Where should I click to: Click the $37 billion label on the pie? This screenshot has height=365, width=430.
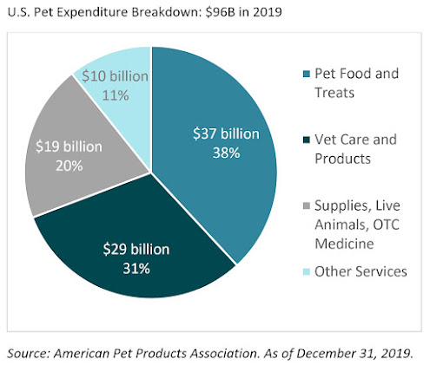tap(226, 134)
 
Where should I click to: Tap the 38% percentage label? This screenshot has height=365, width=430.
tap(227, 153)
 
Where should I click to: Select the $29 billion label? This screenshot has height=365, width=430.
tap(136, 250)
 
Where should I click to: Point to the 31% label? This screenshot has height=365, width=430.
tap(136, 269)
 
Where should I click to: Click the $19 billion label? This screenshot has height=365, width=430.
tap(69, 147)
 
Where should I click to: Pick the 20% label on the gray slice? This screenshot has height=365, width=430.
tap(69, 166)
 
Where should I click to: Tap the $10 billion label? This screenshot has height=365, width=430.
tap(116, 76)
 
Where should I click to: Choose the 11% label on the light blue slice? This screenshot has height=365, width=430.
tap(116, 95)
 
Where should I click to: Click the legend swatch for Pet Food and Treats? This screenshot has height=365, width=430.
tap(307, 74)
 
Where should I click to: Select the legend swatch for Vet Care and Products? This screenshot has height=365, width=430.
tap(307, 140)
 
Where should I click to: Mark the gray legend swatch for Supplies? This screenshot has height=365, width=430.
tap(307, 205)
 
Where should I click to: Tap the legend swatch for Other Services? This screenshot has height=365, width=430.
tap(307, 271)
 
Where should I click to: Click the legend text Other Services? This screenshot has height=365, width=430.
tap(361, 271)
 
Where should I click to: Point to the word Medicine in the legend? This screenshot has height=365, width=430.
tap(344, 244)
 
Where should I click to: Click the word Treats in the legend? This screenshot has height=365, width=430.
tap(334, 93)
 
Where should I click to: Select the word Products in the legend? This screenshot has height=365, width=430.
tap(342, 159)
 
